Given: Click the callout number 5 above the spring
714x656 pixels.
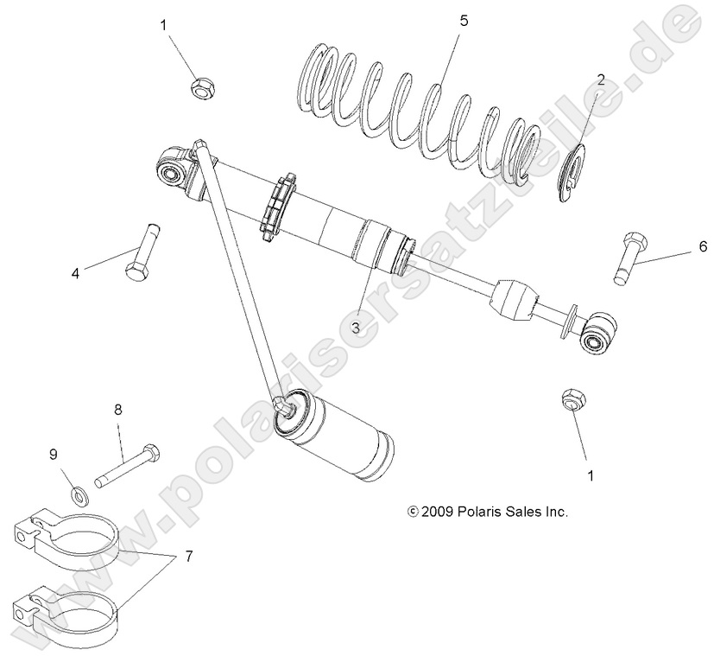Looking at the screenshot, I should pos(464,21).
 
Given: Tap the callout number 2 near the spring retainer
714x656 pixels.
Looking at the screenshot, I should pos(600,80).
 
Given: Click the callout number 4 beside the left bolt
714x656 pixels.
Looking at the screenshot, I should pos(76,273).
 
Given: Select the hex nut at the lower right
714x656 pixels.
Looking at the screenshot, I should pos(571,400).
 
